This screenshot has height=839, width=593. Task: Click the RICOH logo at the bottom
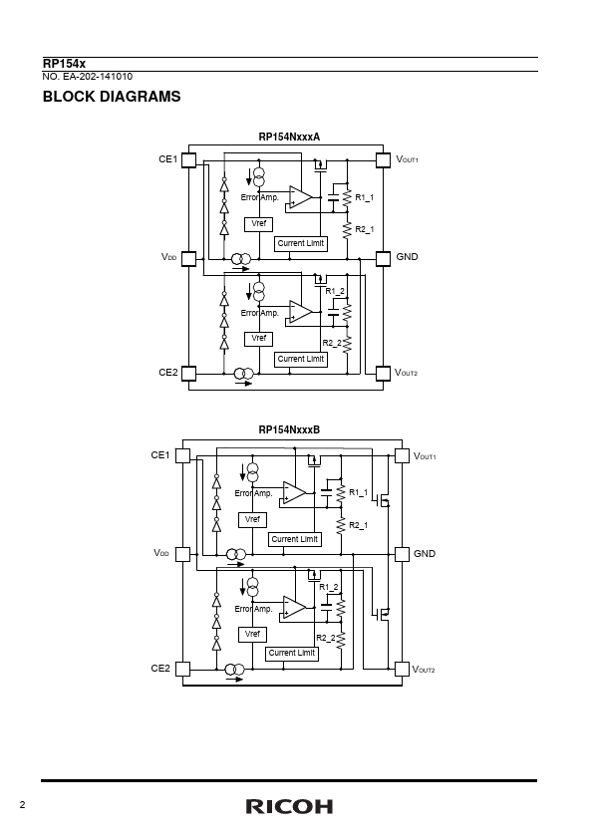tap(289, 806)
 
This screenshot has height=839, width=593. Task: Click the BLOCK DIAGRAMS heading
tap(112, 97)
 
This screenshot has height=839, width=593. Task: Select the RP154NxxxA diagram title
tap(289, 137)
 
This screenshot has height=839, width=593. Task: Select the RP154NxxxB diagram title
tap(289, 429)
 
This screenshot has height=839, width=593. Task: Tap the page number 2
tap(22, 805)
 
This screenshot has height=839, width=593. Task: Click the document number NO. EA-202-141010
tap(88, 77)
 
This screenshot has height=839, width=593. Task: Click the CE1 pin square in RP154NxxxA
tap(189, 160)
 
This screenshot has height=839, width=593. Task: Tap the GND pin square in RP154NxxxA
tap(383, 259)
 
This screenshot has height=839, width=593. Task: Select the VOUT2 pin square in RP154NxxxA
tap(383, 373)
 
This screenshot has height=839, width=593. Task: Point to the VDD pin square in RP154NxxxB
tap(183, 554)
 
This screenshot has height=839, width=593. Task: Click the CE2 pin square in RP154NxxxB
tap(183, 670)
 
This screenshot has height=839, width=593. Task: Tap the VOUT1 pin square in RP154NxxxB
tap(402, 456)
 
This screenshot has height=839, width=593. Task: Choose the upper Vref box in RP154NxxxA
tap(258, 224)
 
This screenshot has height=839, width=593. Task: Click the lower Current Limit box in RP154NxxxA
tap(301, 359)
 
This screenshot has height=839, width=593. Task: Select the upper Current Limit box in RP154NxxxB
tap(294, 539)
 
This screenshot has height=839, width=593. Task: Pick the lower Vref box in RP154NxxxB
tap(252, 635)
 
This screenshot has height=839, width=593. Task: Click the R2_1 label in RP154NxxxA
tap(365, 229)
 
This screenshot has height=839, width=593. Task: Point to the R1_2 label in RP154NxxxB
tap(329, 587)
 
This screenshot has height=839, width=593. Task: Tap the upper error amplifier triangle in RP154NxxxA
tap(300, 197)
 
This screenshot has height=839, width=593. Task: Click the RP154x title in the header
tap(64, 64)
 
